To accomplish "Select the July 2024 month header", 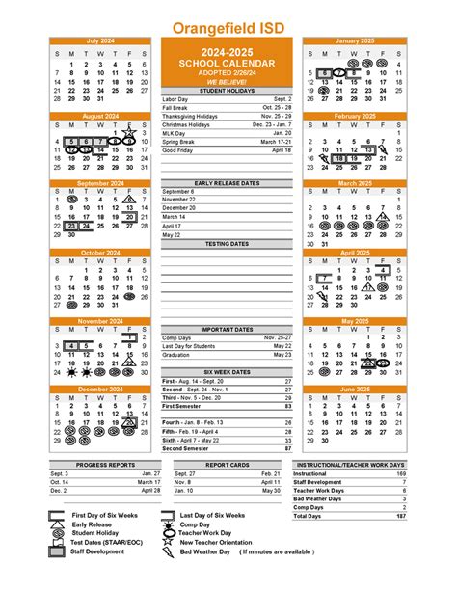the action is [x=100, y=41].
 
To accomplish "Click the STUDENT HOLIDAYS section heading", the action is [x=227, y=91].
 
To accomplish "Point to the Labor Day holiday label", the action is [x=175, y=99].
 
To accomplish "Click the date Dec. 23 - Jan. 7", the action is [x=272, y=125].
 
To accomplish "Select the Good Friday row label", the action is [x=177, y=151].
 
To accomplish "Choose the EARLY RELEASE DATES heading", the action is [x=227, y=182].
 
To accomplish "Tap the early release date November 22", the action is [x=178, y=200].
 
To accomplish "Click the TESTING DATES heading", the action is [x=227, y=244].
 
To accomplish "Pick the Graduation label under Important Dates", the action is [x=176, y=355].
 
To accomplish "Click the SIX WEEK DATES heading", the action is [x=227, y=372].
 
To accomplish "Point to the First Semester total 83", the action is [x=287, y=407].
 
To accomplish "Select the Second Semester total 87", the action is [x=287, y=448].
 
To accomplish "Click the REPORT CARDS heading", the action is [x=227, y=465].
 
